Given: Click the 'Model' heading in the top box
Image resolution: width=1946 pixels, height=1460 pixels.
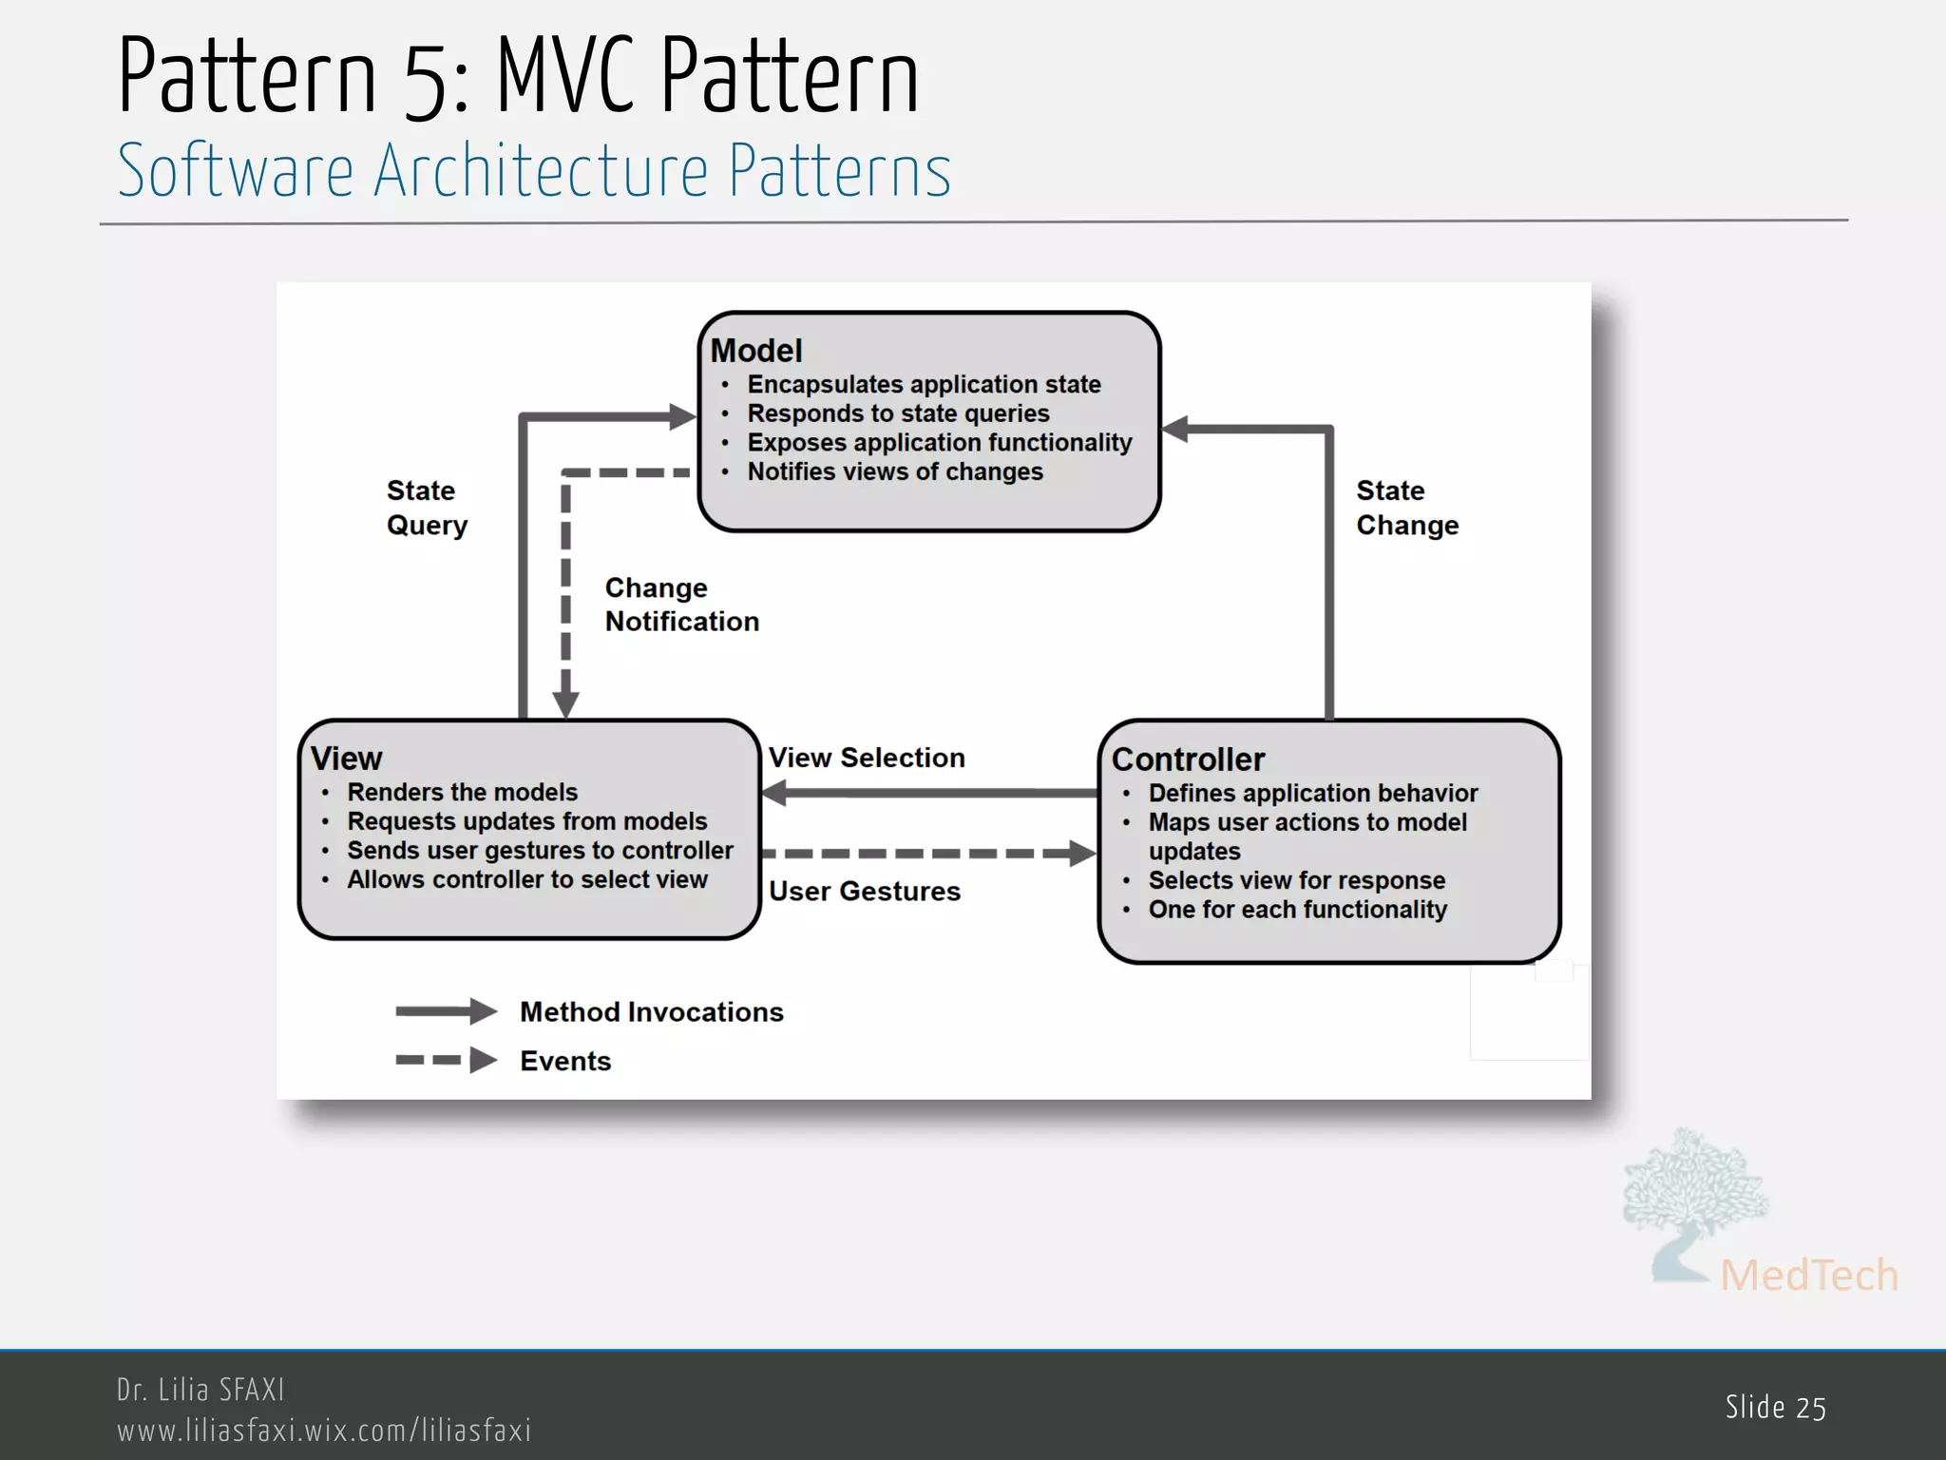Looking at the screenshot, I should coord(756,351).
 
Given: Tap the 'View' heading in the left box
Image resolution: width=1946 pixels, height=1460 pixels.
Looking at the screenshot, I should coord(346,759).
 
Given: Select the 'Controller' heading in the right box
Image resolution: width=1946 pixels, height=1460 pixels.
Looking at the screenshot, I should coord(1188,759).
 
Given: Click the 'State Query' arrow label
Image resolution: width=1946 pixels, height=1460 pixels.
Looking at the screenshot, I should coord(427,508).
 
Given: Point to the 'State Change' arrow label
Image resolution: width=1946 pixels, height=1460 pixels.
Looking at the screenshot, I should coord(1406,508).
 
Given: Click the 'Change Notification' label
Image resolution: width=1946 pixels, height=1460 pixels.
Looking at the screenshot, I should coord(680,605).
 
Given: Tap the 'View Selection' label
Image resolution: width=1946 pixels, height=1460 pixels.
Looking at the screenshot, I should coord(867,758).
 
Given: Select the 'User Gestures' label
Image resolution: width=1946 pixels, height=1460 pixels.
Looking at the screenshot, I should coord(865,892).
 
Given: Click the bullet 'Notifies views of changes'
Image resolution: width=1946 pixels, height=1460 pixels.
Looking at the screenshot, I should coord(894,471).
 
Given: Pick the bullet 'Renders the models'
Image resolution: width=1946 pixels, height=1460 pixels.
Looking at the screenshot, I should coord(462,792).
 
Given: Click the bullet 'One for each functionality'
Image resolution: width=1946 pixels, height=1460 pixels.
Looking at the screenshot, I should coord(1297,910).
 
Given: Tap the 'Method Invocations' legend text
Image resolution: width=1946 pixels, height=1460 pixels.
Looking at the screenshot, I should coord(651,1012).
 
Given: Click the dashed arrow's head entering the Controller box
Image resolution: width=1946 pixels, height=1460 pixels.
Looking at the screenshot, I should coord(1082,853).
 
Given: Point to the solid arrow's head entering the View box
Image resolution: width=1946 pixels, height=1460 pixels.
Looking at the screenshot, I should coord(775,792).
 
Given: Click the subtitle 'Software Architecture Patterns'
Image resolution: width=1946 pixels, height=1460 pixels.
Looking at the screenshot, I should coord(534,171).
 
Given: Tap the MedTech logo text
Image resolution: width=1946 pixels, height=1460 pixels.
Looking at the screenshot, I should coord(1808,1276).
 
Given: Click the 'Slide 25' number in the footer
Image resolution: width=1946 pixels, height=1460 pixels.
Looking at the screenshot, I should coord(1775,1408).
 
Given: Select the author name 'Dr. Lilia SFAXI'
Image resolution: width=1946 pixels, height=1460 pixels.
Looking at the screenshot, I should coord(200,1390).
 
